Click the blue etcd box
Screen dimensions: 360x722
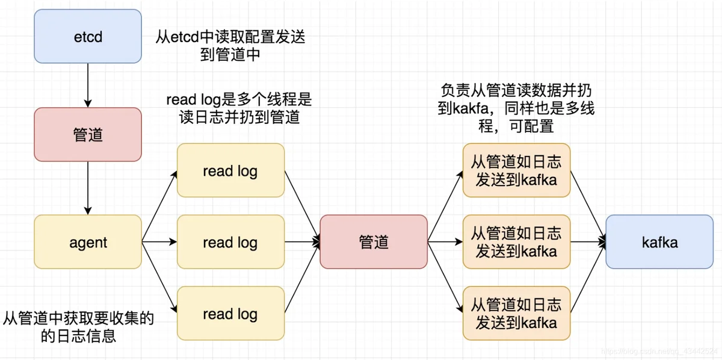pyautogui.click(x=88, y=37)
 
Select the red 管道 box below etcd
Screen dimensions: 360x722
pyautogui.click(x=88, y=134)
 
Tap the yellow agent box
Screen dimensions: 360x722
pyautogui.click(x=88, y=242)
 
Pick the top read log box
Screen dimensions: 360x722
pyautogui.click(x=230, y=170)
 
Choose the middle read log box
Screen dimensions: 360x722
pyautogui.click(x=230, y=242)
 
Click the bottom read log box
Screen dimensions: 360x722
pyautogui.click(x=230, y=313)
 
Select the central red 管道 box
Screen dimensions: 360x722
pyautogui.click(x=374, y=242)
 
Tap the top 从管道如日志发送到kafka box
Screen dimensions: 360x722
pyautogui.click(x=516, y=170)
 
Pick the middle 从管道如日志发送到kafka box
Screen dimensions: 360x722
pyautogui.click(x=516, y=242)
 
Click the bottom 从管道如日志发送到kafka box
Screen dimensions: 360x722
pyautogui.click(x=516, y=313)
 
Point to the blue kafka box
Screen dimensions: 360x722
pyautogui.click(x=659, y=242)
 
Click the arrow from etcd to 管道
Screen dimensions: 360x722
pyautogui.click(x=88, y=84)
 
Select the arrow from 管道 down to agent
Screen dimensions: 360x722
pyautogui.click(x=88, y=187)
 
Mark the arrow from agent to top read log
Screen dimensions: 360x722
pyautogui.click(x=159, y=206)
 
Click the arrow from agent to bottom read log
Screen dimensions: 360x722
pyautogui.click(x=159, y=278)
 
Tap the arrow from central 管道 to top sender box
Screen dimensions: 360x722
pyautogui.click(x=445, y=206)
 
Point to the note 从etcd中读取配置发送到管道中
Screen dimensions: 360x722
pyautogui.click(x=230, y=46)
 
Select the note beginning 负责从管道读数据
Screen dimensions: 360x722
pyautogui.click(x=517, y=108)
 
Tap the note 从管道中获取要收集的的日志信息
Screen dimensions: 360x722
pyautogui.click(x=78, y=327)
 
